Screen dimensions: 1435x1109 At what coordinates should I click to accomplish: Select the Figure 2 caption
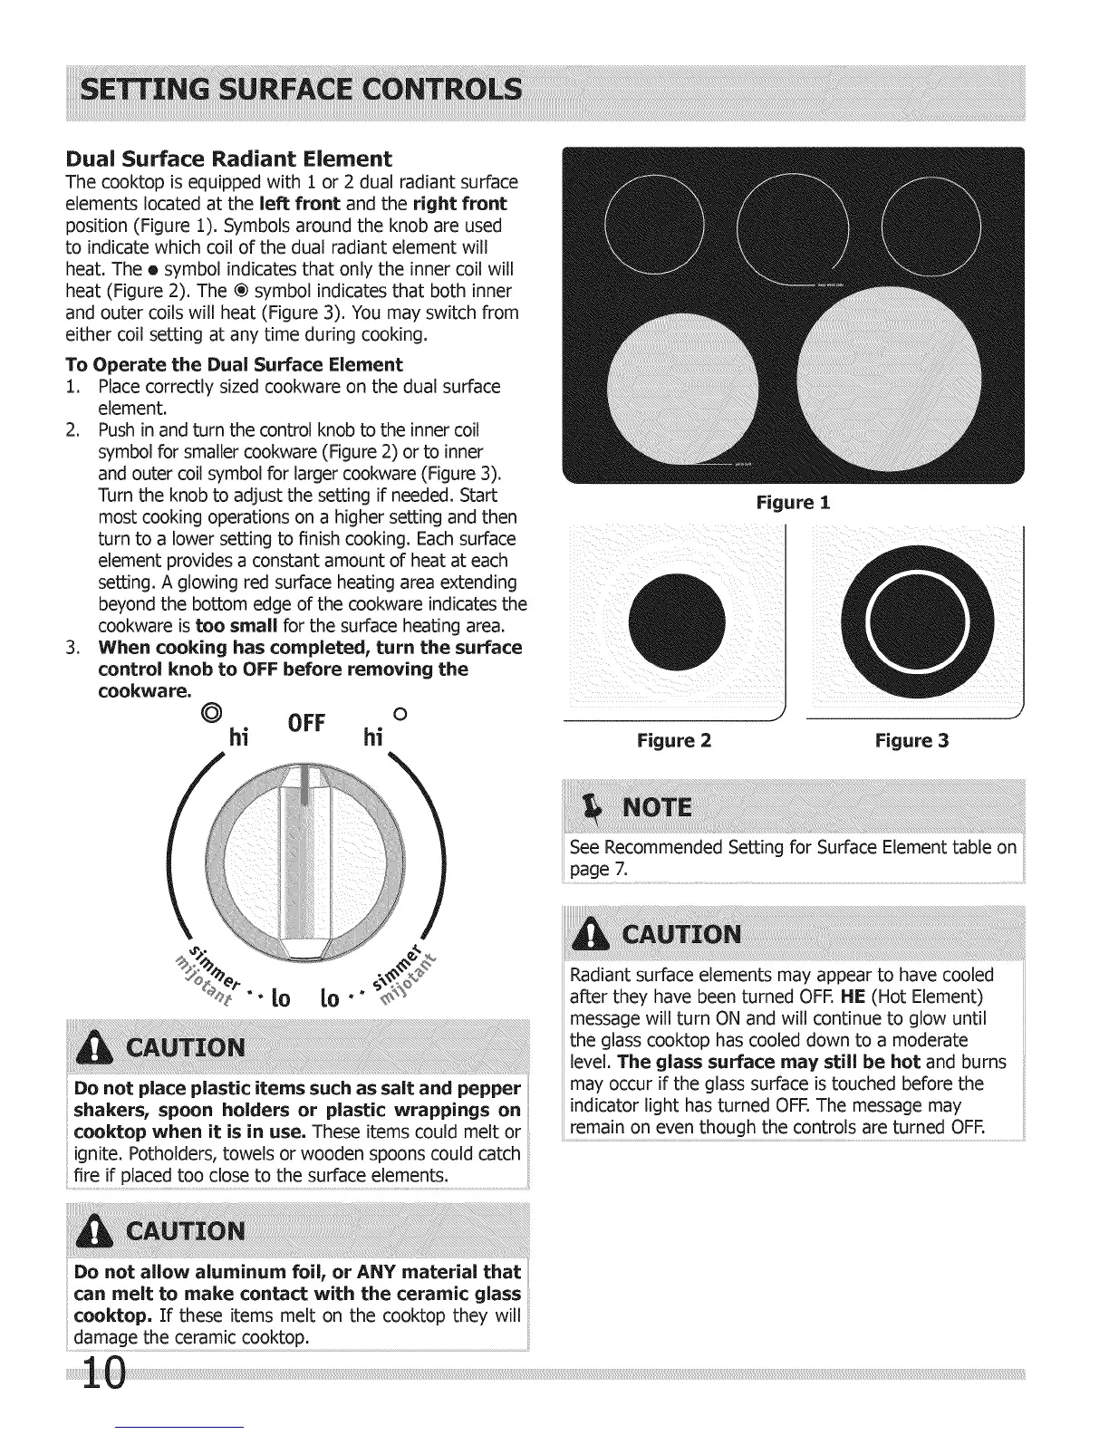674,741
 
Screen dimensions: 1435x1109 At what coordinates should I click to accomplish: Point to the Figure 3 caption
911,741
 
